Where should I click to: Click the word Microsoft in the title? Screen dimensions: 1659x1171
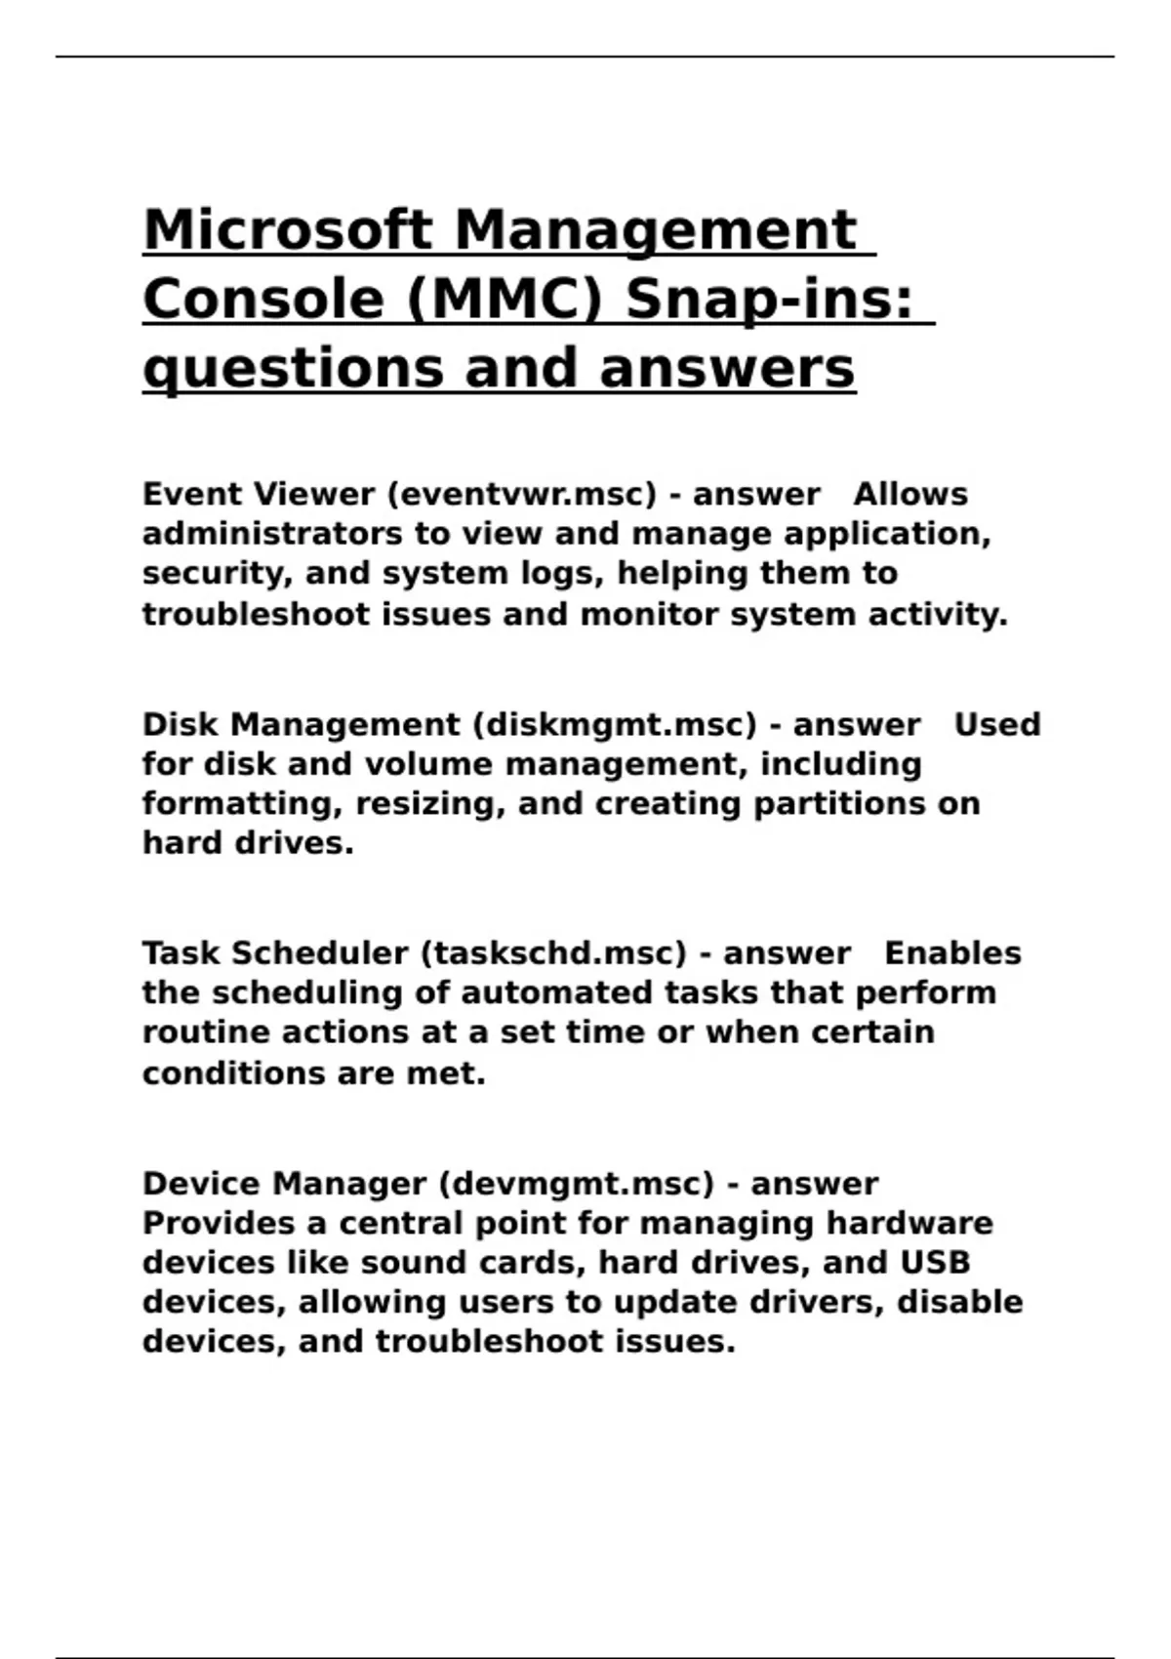tap(288, 230)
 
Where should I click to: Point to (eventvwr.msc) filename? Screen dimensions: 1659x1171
tap(522, 495)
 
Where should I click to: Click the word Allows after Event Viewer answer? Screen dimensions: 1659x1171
tap(910, 495)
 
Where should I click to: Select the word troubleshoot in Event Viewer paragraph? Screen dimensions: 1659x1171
tap(256, 615)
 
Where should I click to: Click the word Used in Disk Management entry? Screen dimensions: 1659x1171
tap(996, 725)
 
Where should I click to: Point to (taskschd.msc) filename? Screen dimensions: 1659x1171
tap(553, 953)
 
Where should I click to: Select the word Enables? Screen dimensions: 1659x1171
tap(952, 953)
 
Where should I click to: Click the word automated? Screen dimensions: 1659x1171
tap(556, 993)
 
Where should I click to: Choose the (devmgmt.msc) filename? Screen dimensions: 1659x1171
tap(577, 1184)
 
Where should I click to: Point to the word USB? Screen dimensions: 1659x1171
tap(935, 1263)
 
